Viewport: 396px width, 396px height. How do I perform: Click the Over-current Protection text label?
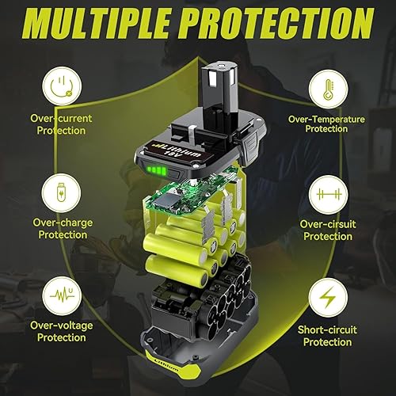(63, 124)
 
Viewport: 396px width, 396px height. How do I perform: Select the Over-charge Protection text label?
(63, 229)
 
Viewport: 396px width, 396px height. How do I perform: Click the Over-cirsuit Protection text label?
(329, 230)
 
